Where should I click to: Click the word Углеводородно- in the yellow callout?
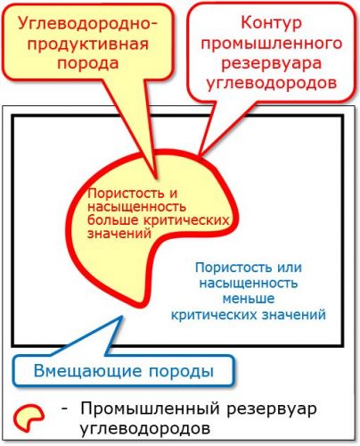tap(87, 24)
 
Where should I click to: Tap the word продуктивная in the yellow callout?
tap(88, 45)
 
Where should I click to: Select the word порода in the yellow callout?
tap(88, 63)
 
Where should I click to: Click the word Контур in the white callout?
tap(271, 23)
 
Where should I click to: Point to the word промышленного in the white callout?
tap(272, 44)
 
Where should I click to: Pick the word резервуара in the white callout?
tap(272, 63)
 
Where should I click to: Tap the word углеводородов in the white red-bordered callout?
tap(272, 83)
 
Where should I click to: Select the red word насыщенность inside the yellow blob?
tap(136, 207)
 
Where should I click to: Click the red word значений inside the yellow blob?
tap(119, 234)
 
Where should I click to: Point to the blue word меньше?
tap(249, 298)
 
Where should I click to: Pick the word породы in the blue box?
tap(181, 372)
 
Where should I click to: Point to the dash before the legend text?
tap(64, 409)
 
